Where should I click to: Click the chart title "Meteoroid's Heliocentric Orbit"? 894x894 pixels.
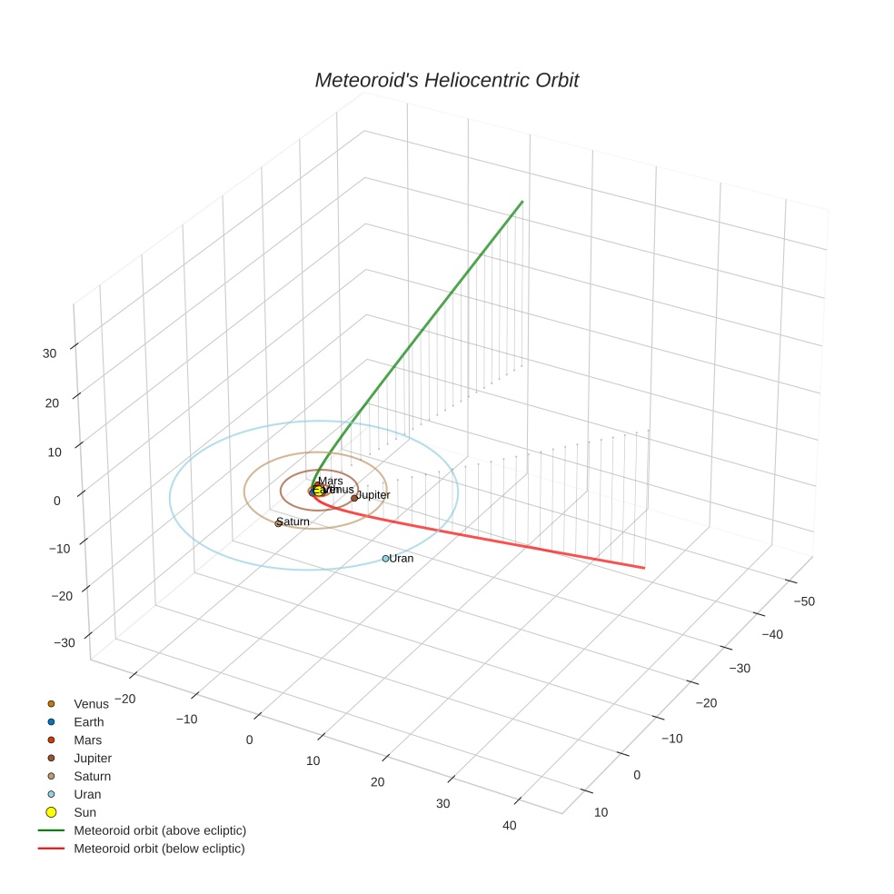point(446,80)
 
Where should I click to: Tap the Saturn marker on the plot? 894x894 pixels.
point(279,523)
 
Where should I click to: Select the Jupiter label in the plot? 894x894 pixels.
point(373,495)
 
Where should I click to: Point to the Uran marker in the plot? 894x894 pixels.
point(385,559)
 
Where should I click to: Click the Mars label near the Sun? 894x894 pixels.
point(331,481)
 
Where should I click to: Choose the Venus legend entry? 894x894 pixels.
point(91,704)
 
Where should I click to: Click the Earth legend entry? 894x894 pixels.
point(89,722)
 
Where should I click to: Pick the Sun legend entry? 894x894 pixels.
point(84,812)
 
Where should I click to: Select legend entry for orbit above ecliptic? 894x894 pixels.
point(160,830)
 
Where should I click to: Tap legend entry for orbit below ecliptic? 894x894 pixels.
point(159,849)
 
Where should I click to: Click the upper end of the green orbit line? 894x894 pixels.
point(523,201)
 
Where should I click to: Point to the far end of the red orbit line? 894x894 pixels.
point(644,569)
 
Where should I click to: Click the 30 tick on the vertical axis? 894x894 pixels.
point(50,353)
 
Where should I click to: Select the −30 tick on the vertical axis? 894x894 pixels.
point(65,643)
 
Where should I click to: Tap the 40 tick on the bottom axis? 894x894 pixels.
point(509,825)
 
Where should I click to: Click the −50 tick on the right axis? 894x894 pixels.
point(803,601)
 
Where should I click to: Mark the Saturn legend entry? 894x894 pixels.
point(92,776)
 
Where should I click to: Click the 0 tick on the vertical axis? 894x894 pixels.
point(57,500)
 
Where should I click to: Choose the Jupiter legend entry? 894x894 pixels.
point(93,758)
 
